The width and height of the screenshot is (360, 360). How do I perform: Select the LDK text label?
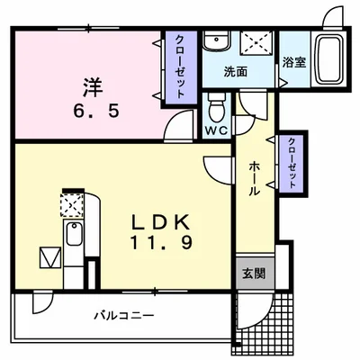(162, 221)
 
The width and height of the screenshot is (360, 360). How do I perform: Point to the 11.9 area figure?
(162, 243)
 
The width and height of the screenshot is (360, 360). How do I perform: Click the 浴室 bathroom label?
(292, 63)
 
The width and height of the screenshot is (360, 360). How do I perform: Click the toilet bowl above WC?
(215, 110)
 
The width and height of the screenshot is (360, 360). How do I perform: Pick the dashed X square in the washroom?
(258, 43)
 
